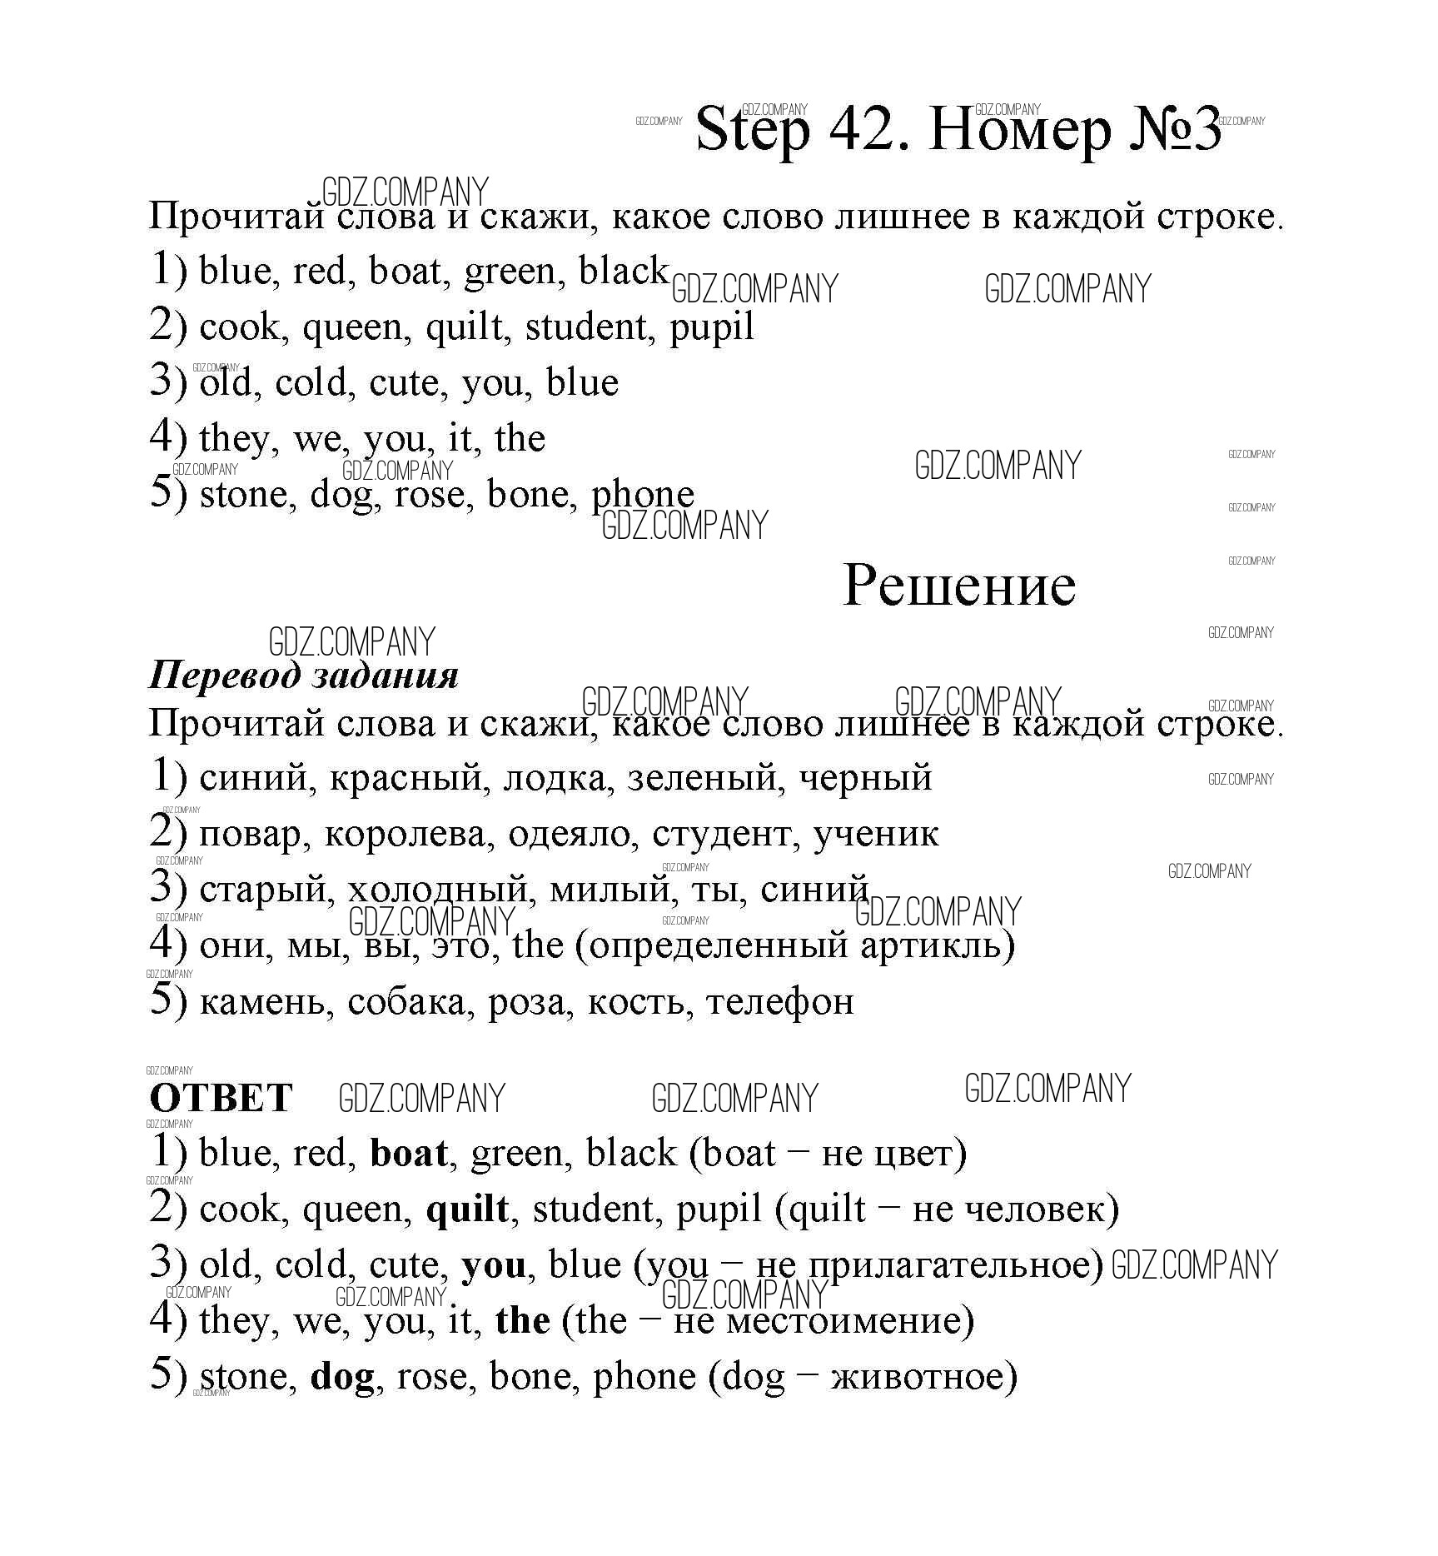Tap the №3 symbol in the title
[1175, 130]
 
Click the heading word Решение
[959, 585]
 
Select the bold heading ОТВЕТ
[221, 1098]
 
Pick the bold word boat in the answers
[408, 1154]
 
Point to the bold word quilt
[467, 1209]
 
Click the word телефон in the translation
[779, 1001]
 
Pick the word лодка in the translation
[554, 778]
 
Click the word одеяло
[569, 834]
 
